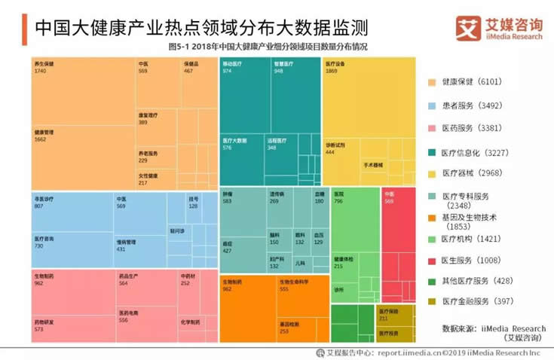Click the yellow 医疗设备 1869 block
pyautogui.click(x=368, y=98)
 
